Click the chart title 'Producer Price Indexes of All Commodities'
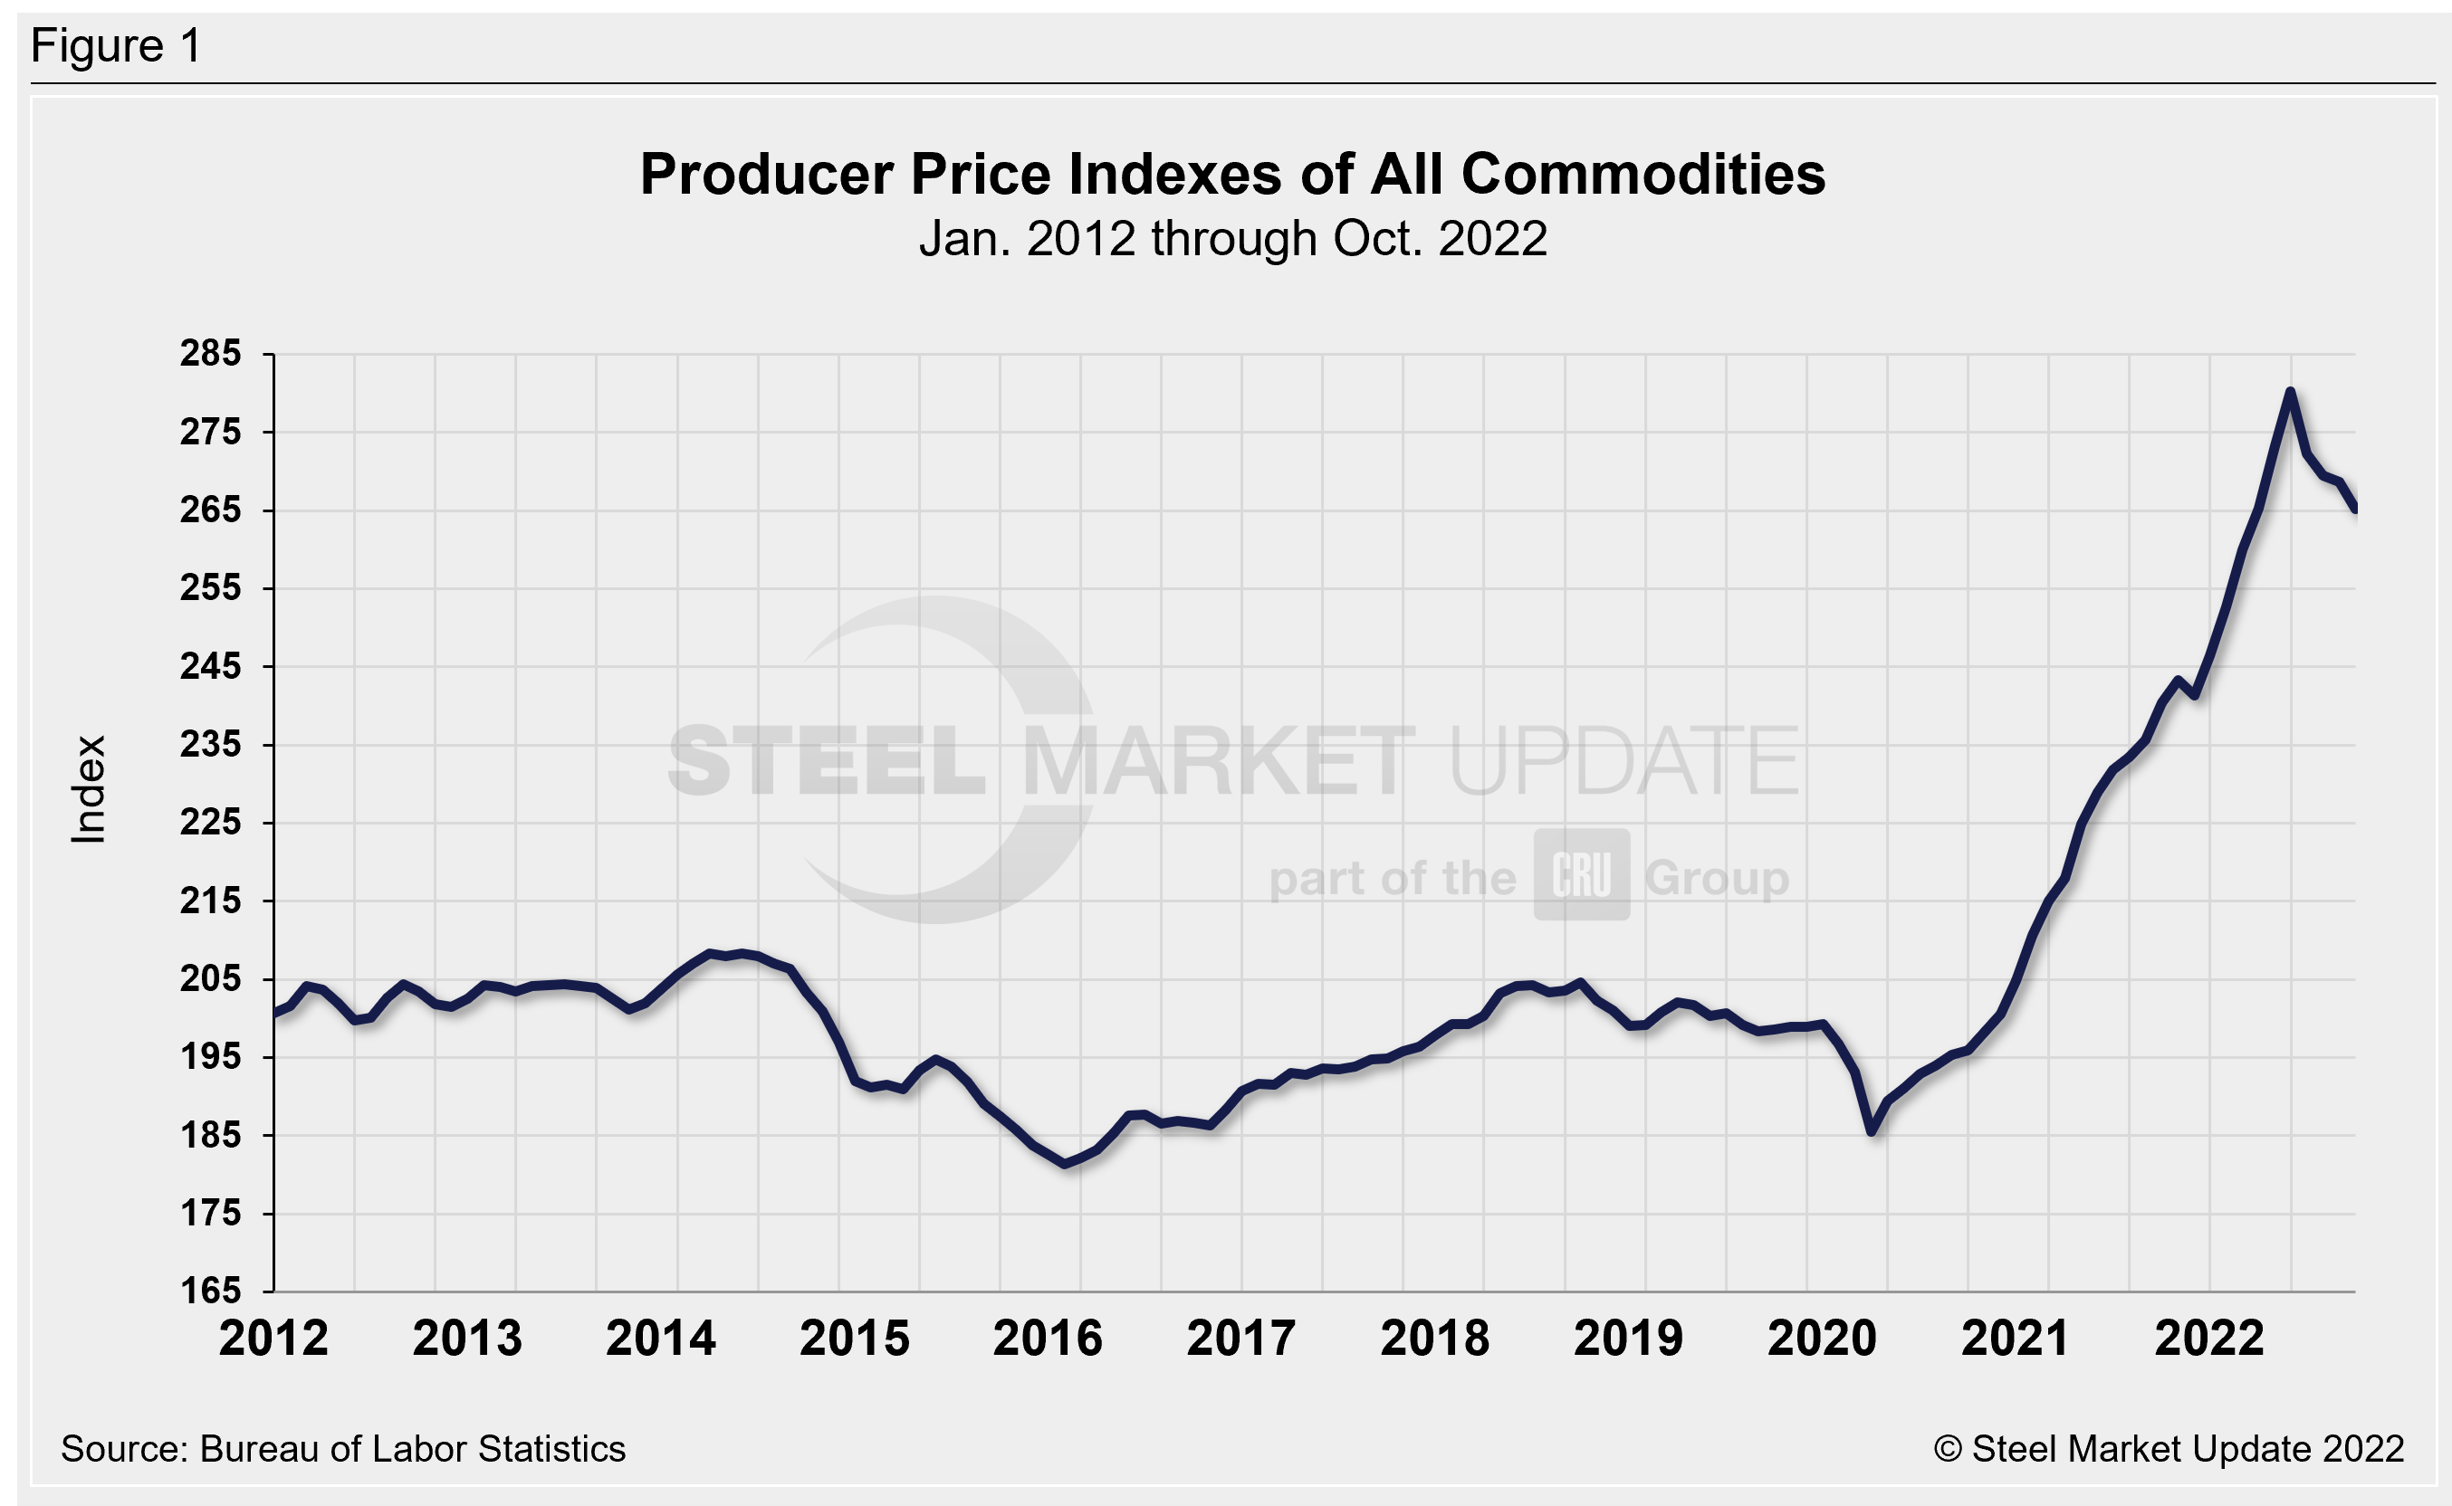pos(1232,175)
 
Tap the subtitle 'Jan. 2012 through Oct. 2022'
pos(1232,239)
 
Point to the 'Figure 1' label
pos(116,46)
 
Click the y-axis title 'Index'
pos(89,790)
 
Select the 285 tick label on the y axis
pos(210,354)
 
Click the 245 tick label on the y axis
pos(210,666)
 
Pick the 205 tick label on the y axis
pos(210,979)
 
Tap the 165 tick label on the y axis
pos(210,1292)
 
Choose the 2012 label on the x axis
pos(274,1338)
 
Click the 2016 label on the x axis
pos(1049,1338)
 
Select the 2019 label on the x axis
pos(1628,1338)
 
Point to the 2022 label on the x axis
pos(2209,1338)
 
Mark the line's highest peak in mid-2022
pos(2291,392)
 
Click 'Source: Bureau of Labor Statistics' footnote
pos(343,1449)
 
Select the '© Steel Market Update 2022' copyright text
pos(2169,1449)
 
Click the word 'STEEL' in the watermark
pos(827,762)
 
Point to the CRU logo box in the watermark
pos(1581,874)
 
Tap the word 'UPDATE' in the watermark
pos(1624,762)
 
